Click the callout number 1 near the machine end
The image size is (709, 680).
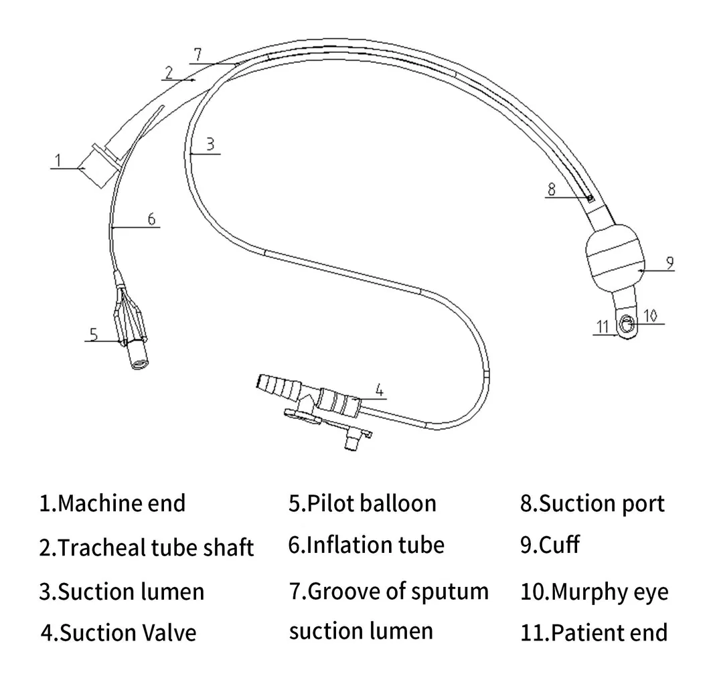(58, 159)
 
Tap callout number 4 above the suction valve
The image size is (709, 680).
(379, 388)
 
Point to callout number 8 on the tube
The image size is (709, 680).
(551, 189)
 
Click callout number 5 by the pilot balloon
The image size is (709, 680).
(94, 333)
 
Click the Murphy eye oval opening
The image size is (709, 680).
(627, 325)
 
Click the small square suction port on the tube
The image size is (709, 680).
(590, 199)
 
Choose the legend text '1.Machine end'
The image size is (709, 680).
(112, 503)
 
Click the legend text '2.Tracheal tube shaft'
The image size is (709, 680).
(147, 547)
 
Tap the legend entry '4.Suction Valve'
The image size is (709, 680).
(119, 632)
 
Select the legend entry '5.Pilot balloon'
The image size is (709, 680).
(362, 503)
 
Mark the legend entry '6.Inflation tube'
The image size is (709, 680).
(366, 545)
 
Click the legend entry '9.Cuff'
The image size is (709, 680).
(550, 545)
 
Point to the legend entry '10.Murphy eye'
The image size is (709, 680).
(594, 592)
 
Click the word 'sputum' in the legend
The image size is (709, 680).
(448, 592)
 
